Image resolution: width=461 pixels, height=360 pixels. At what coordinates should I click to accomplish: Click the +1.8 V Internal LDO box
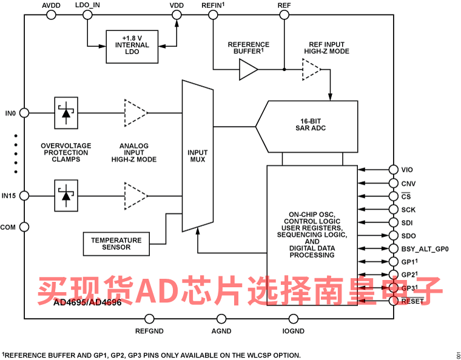(132, 47)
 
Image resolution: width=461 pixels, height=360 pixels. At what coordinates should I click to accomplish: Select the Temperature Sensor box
(116, 244)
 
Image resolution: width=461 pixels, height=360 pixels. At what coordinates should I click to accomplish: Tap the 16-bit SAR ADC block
(307, 127)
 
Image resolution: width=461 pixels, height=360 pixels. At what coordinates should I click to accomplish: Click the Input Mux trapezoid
(198, 156)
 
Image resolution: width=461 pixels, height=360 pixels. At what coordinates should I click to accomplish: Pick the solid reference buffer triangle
(249, 70)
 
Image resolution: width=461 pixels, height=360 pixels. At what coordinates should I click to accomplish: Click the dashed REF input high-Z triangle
(312, 70)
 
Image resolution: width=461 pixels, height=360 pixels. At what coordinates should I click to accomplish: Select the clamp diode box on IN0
(66, 113)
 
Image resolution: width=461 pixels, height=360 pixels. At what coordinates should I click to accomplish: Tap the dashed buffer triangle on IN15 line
(136, 196)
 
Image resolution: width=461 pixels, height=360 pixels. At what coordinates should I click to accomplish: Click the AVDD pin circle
(52, 15)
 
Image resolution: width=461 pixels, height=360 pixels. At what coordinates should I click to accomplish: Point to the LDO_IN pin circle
(87, 15)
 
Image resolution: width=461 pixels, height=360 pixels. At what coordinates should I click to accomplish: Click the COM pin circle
(24, 227)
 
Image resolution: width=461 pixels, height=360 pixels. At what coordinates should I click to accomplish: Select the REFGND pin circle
(149, 319)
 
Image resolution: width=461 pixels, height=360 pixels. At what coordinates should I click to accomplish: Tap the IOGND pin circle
(293, 319)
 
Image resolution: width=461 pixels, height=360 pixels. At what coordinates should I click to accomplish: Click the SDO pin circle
(394, 236)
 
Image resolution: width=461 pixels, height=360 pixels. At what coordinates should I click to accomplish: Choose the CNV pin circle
(394, 183)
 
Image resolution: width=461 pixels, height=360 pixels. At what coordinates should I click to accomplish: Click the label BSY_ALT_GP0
(425, 249)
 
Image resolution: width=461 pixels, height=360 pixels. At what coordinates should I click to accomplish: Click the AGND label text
(221, 332)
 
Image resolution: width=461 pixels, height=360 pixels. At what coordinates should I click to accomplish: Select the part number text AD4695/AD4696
(87, 302)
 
